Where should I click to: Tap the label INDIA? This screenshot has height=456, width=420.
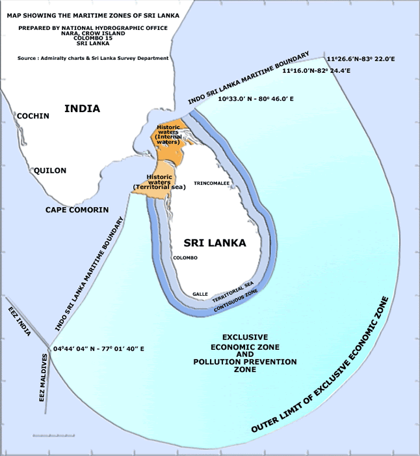(x=83, y=108)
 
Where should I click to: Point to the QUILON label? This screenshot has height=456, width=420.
(x=50, y=171)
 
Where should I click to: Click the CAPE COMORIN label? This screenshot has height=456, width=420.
(x=77, y=210)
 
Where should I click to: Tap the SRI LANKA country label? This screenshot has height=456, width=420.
(x=215, y=243)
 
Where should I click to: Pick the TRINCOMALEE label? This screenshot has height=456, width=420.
(x=211, y=184)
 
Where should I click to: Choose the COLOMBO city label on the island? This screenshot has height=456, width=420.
(x=185, y=258)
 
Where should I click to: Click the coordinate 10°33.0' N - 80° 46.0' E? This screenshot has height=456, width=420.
(x=256, y=98)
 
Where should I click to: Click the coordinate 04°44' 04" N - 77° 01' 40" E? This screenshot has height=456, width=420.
(x=99, y=349)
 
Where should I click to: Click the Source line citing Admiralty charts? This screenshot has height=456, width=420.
(x=94, y=58)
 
